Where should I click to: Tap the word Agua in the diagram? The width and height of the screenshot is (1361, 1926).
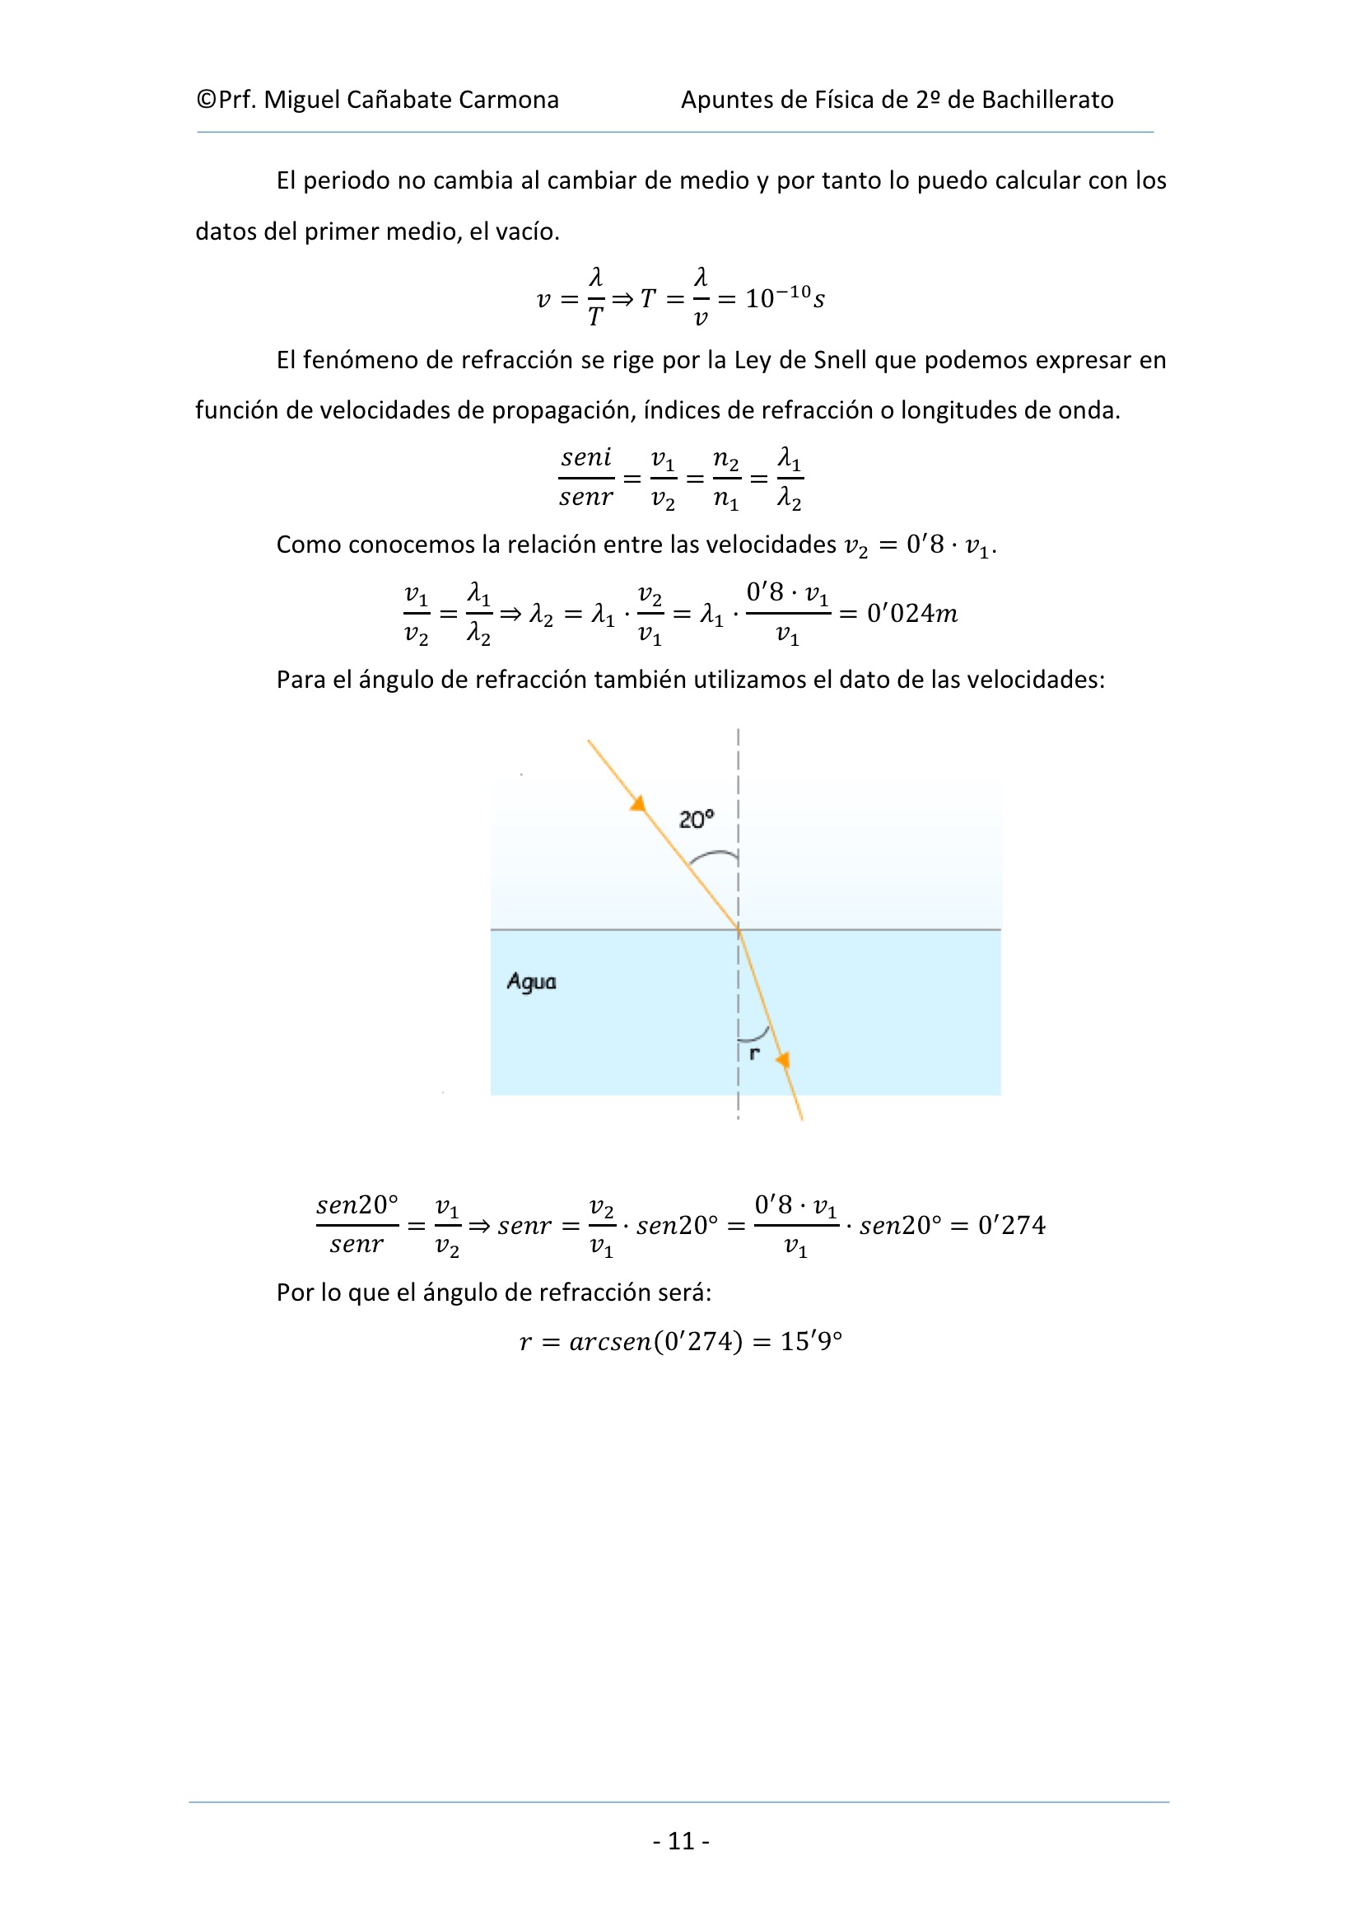coord(531,981)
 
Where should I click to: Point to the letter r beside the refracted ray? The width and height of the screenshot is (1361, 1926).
coord(755,1053)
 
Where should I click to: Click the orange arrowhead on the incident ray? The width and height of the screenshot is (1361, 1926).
coord(638,804)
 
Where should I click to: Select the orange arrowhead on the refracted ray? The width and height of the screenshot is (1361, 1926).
coord(783,1060)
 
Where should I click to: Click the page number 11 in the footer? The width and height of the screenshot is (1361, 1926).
coord(681,1840)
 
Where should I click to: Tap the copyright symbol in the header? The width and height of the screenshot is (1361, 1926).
coord(207,100)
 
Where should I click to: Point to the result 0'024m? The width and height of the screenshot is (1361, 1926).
coord(911,613)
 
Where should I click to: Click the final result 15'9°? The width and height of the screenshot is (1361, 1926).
coord(811,1341)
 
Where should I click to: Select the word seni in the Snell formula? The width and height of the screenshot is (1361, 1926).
coord(586,458)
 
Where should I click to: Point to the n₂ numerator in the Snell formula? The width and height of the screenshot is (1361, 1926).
coord(725,459)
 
